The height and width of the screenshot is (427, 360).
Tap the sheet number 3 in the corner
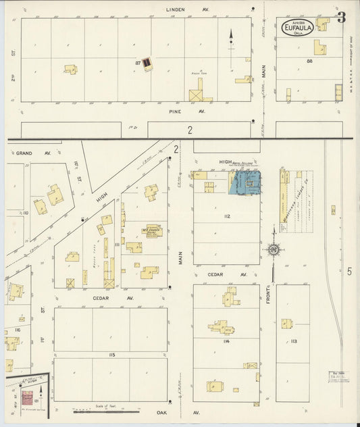coord(342,18)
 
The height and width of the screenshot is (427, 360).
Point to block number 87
coord(138,63)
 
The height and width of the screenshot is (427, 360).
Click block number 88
coord(310,62)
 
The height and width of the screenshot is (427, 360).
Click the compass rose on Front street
coord(274,250)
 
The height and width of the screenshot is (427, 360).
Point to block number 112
coord(228,216)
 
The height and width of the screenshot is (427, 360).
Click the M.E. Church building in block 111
coord(153,230)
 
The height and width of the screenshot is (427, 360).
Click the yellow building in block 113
coord(286,324)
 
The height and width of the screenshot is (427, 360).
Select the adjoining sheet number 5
coord(349,272)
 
